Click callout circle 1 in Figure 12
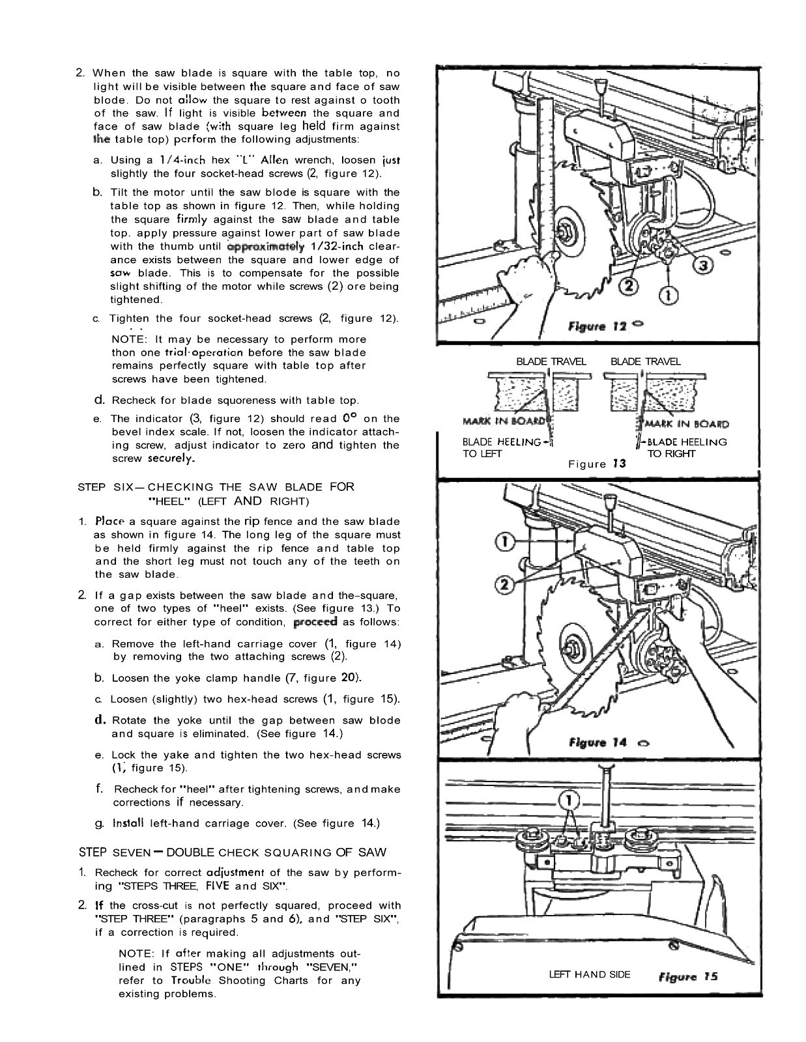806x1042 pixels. pos(669,295)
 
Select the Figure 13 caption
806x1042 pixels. pos(597,464)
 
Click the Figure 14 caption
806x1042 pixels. pos(597,742)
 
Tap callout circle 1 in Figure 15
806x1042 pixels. pos(569,799)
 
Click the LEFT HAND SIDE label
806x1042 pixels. pos(590,974)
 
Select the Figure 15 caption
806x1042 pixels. pos(687,976)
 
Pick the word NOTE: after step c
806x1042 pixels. pos(131,339)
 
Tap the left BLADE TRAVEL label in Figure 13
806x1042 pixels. pos(551,361)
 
